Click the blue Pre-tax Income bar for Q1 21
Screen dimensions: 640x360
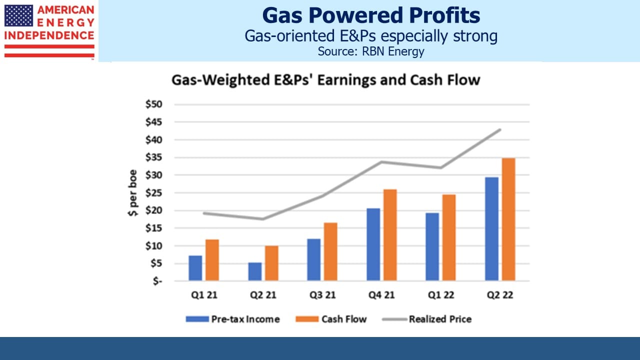pos(195,268)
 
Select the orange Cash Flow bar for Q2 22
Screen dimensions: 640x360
pos(508,219)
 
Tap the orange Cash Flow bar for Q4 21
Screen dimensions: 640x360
pos(390,235)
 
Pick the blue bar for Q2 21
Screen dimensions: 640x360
pos(255,271)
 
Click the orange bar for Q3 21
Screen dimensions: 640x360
pos(330,251)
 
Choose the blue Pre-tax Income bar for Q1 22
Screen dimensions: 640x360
pos(432,247)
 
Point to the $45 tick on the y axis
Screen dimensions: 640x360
pos(153,122)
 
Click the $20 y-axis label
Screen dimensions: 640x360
pos(153,210)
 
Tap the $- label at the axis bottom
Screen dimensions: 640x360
pos(157,281)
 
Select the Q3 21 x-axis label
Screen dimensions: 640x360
pos(322,295)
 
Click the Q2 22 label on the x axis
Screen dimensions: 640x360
pos(500,295)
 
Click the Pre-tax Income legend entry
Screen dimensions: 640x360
pos(232,319)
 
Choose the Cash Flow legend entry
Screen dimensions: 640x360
pos(331,319)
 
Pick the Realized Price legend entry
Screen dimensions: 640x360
pos(427,319)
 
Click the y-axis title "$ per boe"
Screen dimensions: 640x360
pos(133,193)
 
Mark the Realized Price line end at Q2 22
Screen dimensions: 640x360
pos(500,129)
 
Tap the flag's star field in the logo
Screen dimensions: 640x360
pos(19,15)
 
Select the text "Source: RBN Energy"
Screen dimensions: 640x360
pos(371,51)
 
